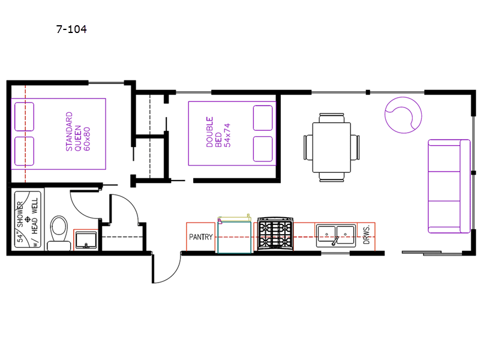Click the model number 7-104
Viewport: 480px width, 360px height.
71,29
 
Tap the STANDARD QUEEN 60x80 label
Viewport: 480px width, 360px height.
78,131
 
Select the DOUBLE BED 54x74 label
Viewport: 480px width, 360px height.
218,132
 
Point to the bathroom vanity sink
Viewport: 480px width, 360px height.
86,240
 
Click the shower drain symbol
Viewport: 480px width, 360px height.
27,219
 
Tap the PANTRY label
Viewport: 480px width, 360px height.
201,237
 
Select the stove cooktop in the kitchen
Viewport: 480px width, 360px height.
275,233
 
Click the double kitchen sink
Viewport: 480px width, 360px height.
336,235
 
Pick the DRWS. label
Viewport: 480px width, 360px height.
367,235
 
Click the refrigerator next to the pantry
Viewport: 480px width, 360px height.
235,235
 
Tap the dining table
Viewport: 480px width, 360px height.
332,147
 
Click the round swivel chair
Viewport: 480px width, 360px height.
403,115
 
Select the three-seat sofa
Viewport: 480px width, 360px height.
449,186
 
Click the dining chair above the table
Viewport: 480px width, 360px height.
332,118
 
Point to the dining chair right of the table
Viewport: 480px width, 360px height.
355,147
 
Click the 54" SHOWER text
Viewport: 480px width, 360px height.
20,221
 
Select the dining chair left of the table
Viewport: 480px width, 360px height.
308,147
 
